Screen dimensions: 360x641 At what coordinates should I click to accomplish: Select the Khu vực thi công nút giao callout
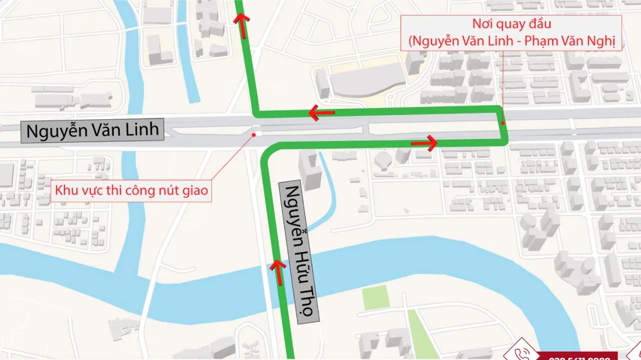point(131,190)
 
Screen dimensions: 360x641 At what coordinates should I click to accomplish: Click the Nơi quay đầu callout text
point(512,34)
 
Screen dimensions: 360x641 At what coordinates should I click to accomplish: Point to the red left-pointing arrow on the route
point(320,113)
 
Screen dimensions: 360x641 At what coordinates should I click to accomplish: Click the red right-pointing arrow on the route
point(425,142)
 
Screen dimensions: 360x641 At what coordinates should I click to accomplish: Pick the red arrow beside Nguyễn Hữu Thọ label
point(278,272)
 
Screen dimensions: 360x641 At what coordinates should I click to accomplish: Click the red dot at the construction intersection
point(256,135)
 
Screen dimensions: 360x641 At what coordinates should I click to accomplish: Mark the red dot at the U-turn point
point(503,123)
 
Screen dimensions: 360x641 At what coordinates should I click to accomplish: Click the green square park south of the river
point(375,297)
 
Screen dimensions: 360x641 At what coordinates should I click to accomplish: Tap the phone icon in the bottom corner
point(518,354)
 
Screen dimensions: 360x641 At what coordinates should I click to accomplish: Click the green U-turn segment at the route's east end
point(504,125)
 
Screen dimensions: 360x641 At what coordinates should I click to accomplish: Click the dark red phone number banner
point(580,356)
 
